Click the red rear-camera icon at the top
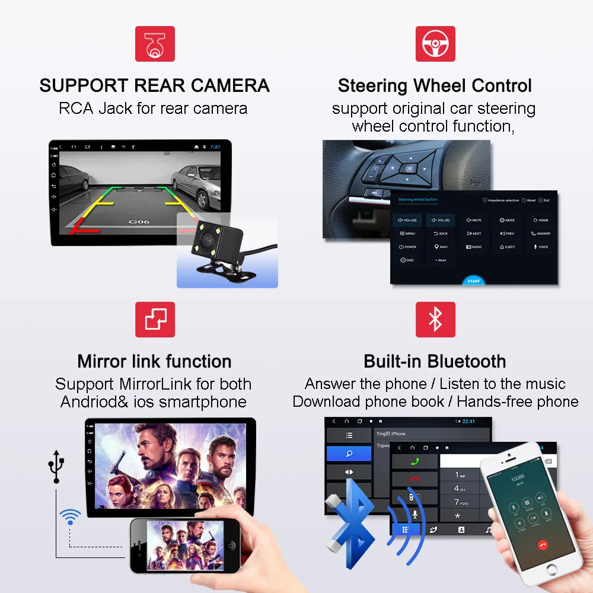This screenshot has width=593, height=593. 155,43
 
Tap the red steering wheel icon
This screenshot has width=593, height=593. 435,43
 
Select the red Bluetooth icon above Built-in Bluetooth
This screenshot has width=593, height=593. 435,320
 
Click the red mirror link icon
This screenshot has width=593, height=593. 155,320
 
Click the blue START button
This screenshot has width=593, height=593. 473,280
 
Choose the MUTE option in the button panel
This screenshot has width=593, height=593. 474,220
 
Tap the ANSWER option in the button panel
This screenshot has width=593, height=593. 541,234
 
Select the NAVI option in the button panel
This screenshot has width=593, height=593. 441,247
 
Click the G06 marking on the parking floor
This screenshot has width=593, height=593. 137,222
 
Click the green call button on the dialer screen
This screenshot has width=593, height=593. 415,461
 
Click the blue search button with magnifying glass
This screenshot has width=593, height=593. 349,454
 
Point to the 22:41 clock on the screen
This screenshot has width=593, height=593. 468,422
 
